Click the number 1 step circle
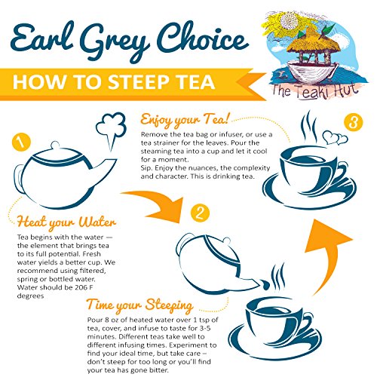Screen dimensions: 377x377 21,143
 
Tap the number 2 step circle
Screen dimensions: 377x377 200,213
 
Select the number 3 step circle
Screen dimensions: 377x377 354,122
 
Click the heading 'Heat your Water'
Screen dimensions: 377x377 66,222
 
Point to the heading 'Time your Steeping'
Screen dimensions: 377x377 140,305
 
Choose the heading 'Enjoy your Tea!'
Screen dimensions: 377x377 185,120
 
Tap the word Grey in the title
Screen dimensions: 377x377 115,40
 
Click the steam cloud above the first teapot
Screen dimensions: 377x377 112,129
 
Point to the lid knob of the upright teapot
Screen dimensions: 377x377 55,145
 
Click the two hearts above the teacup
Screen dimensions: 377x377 336,137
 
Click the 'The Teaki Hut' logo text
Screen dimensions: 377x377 315,90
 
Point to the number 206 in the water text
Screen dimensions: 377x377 81,287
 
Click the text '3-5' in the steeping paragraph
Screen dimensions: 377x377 205,328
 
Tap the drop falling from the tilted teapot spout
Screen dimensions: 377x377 265,284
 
